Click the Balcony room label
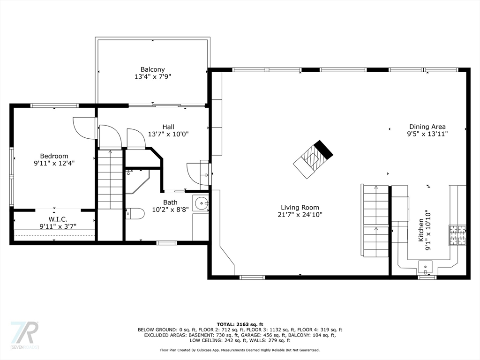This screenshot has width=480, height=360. pyautogui.click(x=152, y=69)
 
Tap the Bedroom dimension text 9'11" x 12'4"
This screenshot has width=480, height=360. pyautogui.click(x=54, y=164)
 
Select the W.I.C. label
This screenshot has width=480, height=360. pyautogui.click(x=58, y=219)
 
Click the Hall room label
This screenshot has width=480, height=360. pyautogui.click(x=168, y=127)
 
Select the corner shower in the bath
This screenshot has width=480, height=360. pyautogui.click(x=136, y=180)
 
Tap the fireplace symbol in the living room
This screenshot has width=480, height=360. pyautogui.click(x=313, y=159)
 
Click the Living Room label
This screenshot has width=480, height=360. pyautogui.click(x=300, y=207)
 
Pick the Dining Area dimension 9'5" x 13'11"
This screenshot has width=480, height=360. pyautogui.click(x=427, y=134)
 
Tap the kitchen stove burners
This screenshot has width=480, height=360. pyautogui.click(x=458, y=236)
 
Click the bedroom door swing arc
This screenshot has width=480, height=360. pyautogui.click(x=83, y=129)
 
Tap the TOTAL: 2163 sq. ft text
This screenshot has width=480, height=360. pyautogui.click(x=240, y=324)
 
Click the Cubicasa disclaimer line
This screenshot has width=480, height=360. pyautogui.click(x=240, y=350)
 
